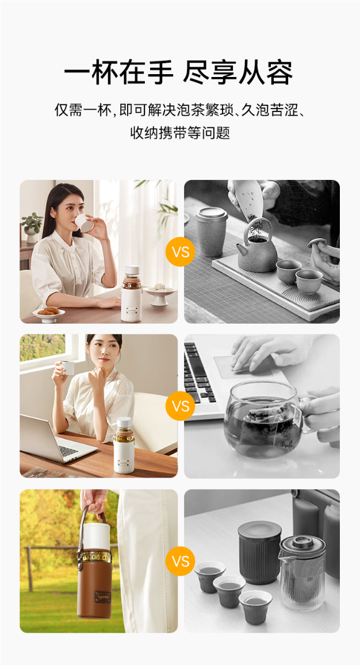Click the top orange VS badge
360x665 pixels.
click(x=181, y=252)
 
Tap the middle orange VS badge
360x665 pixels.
click(x=181, y=406)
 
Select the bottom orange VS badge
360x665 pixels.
click(x=181, y=562)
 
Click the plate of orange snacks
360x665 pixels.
click(x=48, y=313)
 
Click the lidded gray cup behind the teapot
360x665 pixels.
click(x=212, y=232)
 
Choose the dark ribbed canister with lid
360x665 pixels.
click(x=259, y=552)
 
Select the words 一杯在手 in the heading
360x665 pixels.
click(x=119, y=73)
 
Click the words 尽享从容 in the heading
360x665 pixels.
click(x=238, y=73)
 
